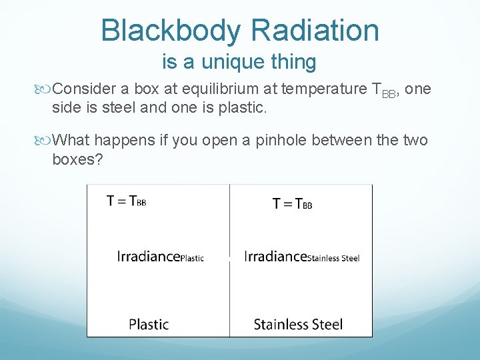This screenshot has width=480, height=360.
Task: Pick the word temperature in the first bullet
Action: (x=324, y=89)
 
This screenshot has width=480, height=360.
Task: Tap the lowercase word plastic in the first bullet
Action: (x=243, y=107)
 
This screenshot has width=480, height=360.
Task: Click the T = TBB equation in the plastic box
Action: (x=126, y=201)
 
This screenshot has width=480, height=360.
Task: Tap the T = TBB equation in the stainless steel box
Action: (x=292, y=203)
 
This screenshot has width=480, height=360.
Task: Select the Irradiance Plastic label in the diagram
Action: (x=160, y=257)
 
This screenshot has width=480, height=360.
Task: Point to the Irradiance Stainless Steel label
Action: (x=301, y=257)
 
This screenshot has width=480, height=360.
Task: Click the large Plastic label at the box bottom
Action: (x=149, y=325)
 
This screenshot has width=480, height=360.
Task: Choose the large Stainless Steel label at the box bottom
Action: (x=298, y=325)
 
